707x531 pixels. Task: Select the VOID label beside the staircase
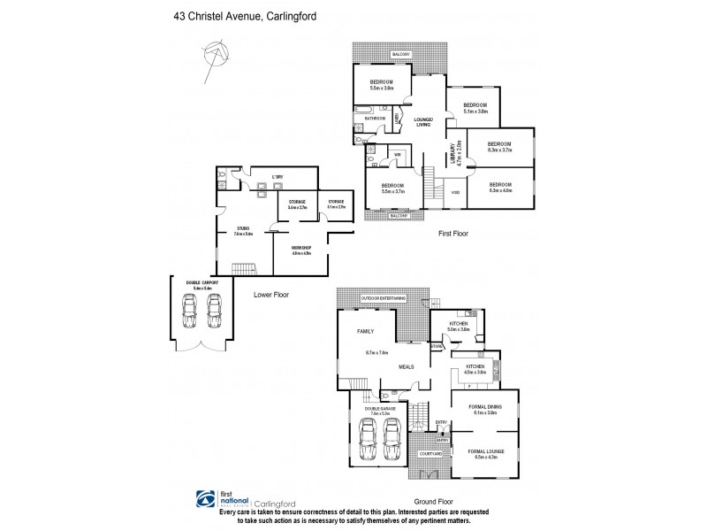point(454,190)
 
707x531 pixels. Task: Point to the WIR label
point(398,154)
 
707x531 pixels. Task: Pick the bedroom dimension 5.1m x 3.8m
point(475,111)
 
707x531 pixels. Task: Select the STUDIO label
point(243,228)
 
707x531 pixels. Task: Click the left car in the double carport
point(189,312)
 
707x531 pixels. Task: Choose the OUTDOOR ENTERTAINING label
point(384,300)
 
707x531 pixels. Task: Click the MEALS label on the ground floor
point(407,365)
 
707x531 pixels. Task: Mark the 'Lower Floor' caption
point(270,294)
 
